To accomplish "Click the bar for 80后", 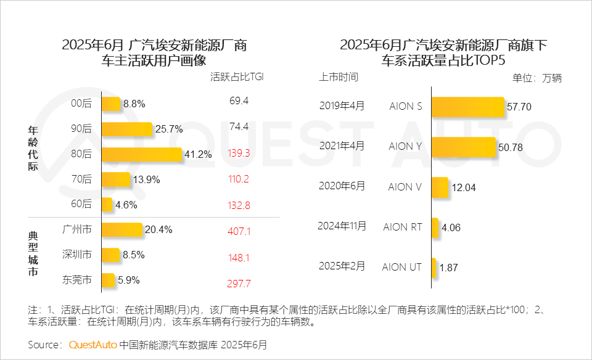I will coord(142,154).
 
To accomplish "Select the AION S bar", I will coord(467,107).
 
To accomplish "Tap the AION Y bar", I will coord(464,147).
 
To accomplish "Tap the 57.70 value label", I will coord(519,107).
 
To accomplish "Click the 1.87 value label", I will coord(449,267).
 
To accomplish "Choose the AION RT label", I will coord(403,227).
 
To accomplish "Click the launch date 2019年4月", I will coord(342,105).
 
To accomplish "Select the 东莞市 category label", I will coord(77,280).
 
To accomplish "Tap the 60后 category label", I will coord(81,205).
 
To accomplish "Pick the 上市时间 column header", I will coord(338,77).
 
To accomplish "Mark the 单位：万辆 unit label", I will coord(537,78).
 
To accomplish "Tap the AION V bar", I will coord(440,187).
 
